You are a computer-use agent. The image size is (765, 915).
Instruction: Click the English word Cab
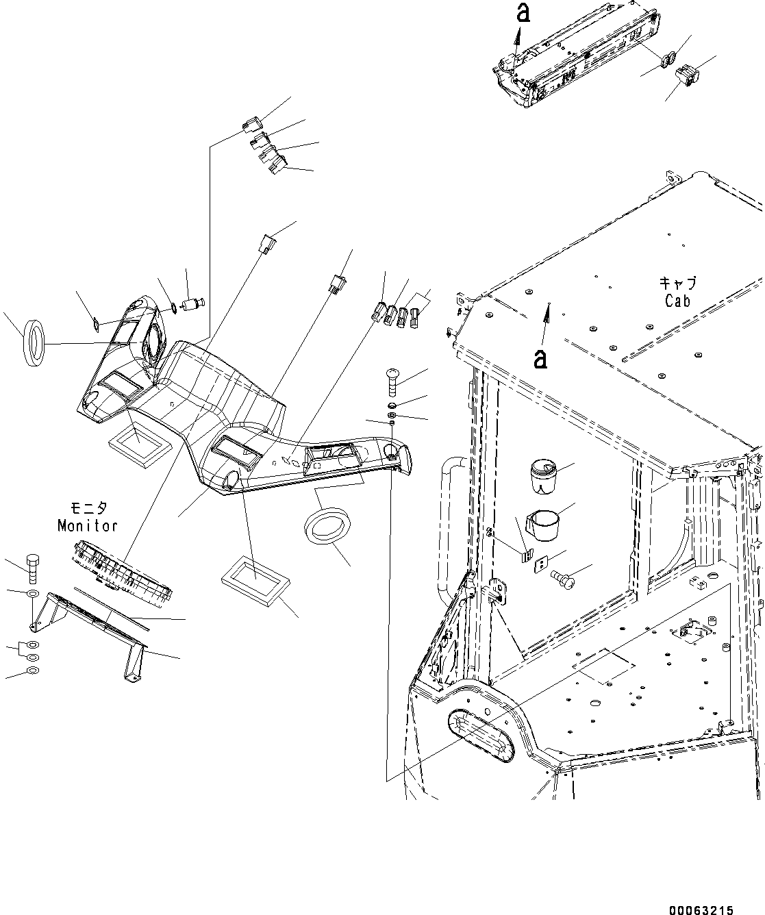pyautogui.click(x=677, y=300)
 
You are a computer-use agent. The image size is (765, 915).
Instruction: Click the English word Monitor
pyautogui.click(x=87, y=526)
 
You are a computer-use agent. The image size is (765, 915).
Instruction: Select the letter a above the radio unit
pyautogui.click(x=523, y=13)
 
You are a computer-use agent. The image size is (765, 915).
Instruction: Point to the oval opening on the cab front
pyautogui.click(x=481, y=737)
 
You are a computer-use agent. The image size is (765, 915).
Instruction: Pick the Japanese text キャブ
pyautogui.click(x=677, y=283)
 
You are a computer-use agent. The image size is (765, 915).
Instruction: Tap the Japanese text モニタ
pyautogui.click(x=88, y=509)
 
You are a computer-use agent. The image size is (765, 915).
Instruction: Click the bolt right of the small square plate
pyautogui.click(x=564, y=579)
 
